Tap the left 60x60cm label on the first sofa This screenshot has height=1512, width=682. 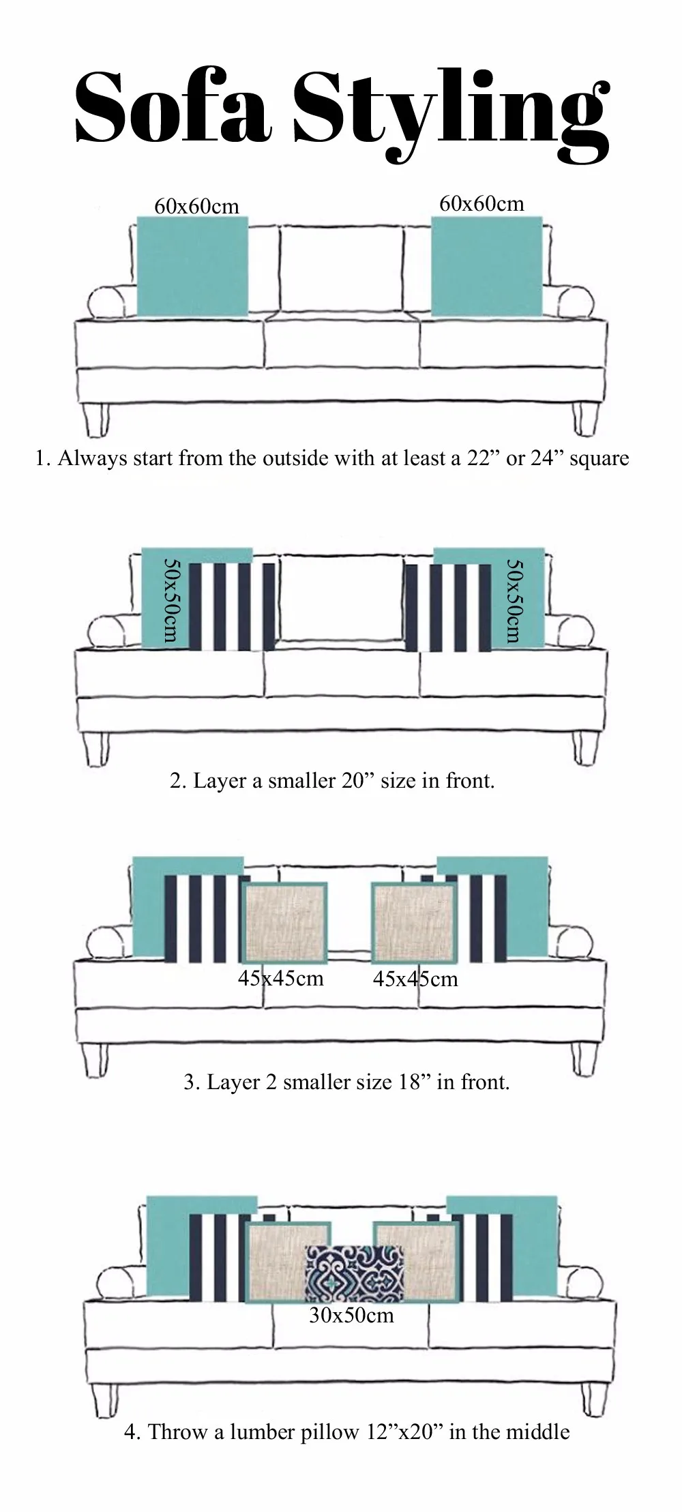point(196,206)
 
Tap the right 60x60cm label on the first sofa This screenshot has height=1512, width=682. point(481,203)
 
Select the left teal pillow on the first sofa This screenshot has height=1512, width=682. point(192,267)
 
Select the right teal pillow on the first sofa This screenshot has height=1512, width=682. point(487,267)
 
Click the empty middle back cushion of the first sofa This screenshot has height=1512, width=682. point(340,269)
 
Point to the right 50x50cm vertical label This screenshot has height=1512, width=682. point(515,600)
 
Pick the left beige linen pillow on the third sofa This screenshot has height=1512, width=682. point(285,922)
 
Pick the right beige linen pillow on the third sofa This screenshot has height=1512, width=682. point(414,922)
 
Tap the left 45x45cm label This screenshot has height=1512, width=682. point(280,979)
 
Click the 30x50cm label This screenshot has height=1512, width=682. point(351,1314)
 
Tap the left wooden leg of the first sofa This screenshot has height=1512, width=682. point(98,419)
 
